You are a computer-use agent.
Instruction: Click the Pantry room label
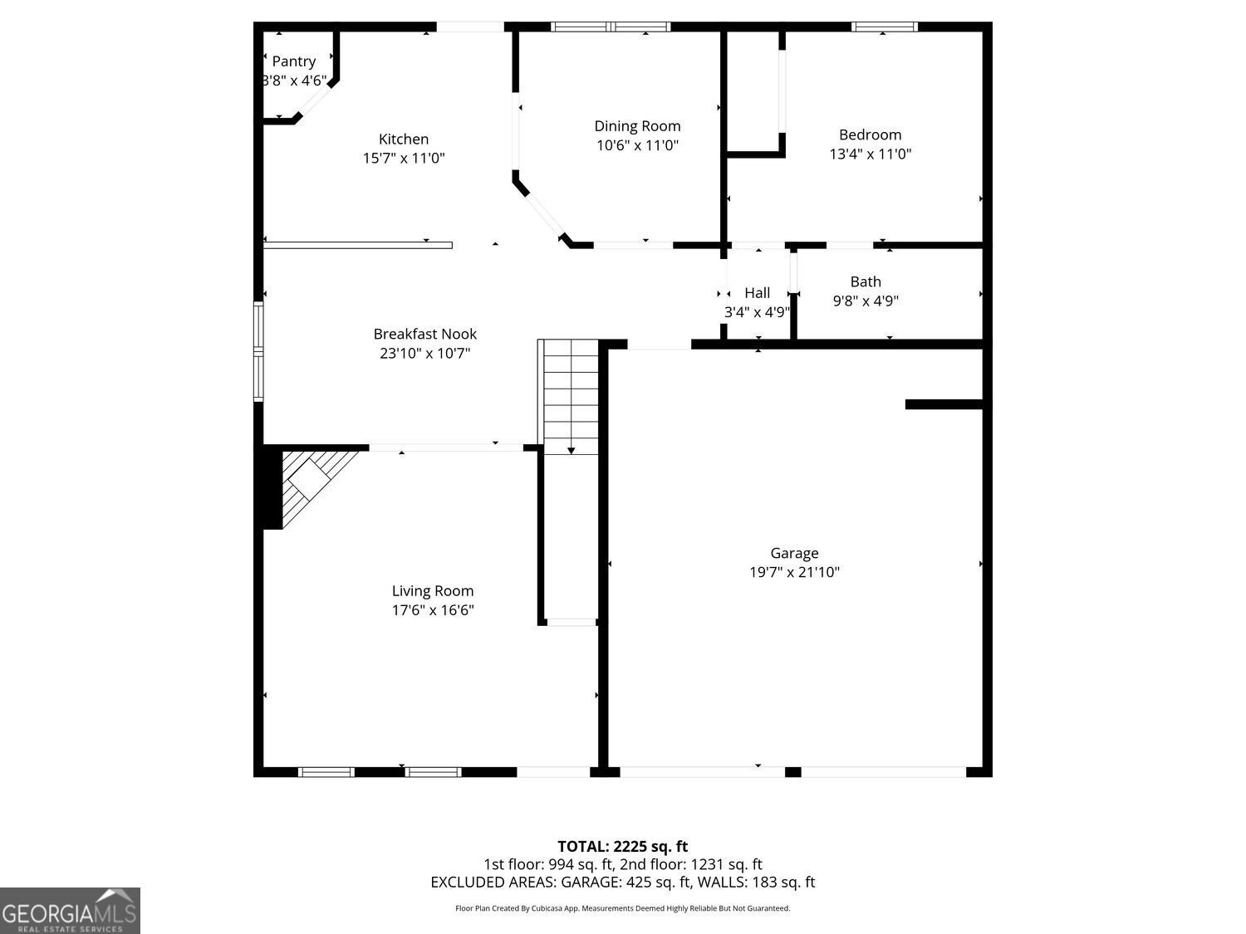pyautogui.click(x=293, y=61)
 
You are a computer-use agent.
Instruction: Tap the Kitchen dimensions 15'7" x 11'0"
pyautogui.click(x=404, y=158)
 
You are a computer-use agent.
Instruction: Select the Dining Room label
pyautogui.click(x=637, y=126)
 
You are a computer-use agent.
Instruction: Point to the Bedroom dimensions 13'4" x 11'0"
pyautogui.click(x=871, y=154)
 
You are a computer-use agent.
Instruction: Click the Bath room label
pyautogui.click(x=866, y=281)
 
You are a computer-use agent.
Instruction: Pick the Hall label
pyautogui.click(x=758, y=292)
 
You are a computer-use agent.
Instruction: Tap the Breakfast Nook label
pyautogui.click(x=425, y=334)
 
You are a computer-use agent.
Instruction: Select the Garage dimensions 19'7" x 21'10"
pyautogui.click(x=794, y=572)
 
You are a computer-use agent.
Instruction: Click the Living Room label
pyautogui.click(x=433, y=591)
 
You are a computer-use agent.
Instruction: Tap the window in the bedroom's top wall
pyautogui.click(x=884, y=27)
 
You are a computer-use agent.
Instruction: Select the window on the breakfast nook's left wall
pyautogui.click(x=258, y=351)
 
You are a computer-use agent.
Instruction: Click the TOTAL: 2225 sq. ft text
pyautogui.click(x=623, y=847)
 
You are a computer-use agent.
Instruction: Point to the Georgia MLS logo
pyautogui.click(x=70, y=911)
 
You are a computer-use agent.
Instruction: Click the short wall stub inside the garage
pyautogui.click(x=944, y=404)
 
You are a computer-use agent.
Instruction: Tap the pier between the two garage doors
pyautogui.click(x=793, y=772)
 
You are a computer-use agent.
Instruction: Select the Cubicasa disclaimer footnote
pyautogui.click(x=623, y=908)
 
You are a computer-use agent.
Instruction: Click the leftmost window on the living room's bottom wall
pyautogui.click(x=326, y=772)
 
